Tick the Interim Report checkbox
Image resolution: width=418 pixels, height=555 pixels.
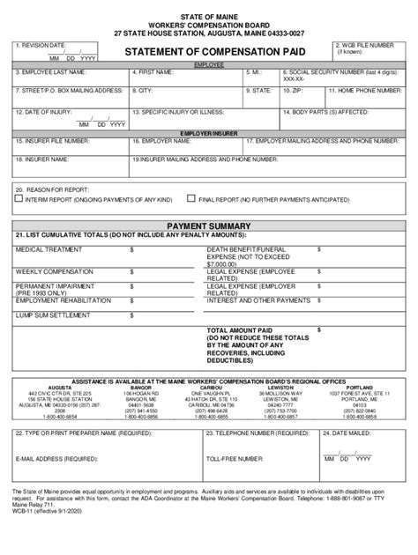point(19,199)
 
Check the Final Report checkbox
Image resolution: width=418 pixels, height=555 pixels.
point(191,199)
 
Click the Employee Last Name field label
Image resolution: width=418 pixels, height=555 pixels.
point(50,73)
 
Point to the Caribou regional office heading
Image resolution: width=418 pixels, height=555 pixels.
point(212,386)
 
